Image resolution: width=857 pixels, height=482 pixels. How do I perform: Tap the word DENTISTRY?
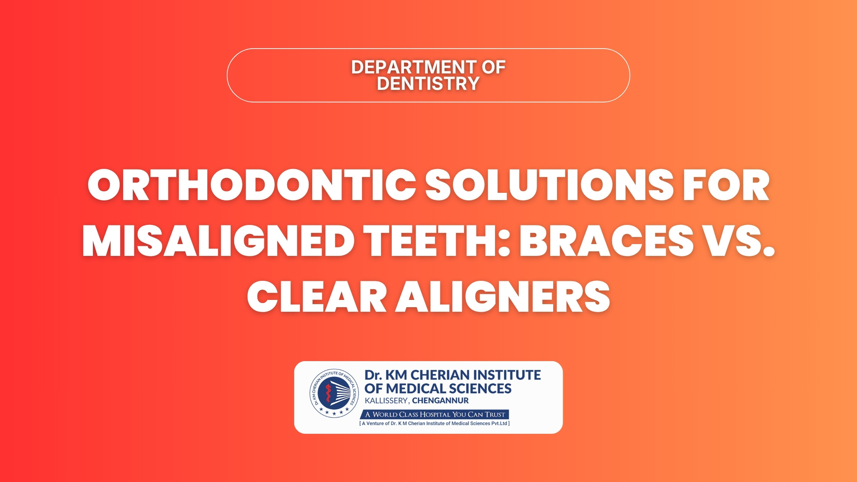tap(428, 83)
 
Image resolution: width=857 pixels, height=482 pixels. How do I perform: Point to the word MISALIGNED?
tap(218, 241)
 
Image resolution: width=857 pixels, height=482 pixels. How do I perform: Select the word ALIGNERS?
tap(502, 297)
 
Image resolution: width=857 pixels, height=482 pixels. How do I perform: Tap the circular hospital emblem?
tap(334, 393)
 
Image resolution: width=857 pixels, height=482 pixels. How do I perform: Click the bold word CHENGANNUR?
tap(440, 401)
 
